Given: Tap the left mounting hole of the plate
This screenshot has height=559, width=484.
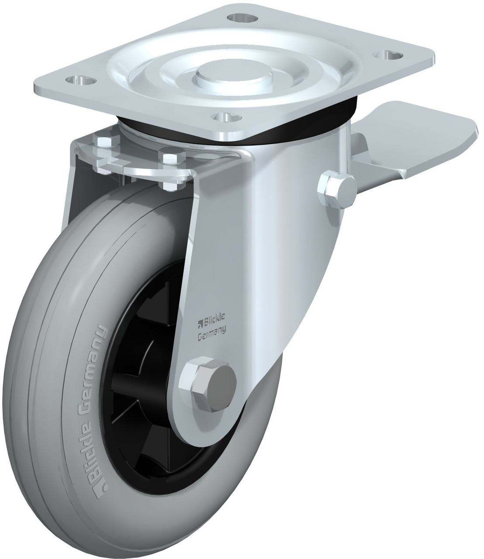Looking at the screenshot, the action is coord(81,80).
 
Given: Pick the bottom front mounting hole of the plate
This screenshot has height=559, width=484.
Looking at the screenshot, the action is coord(226,117).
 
